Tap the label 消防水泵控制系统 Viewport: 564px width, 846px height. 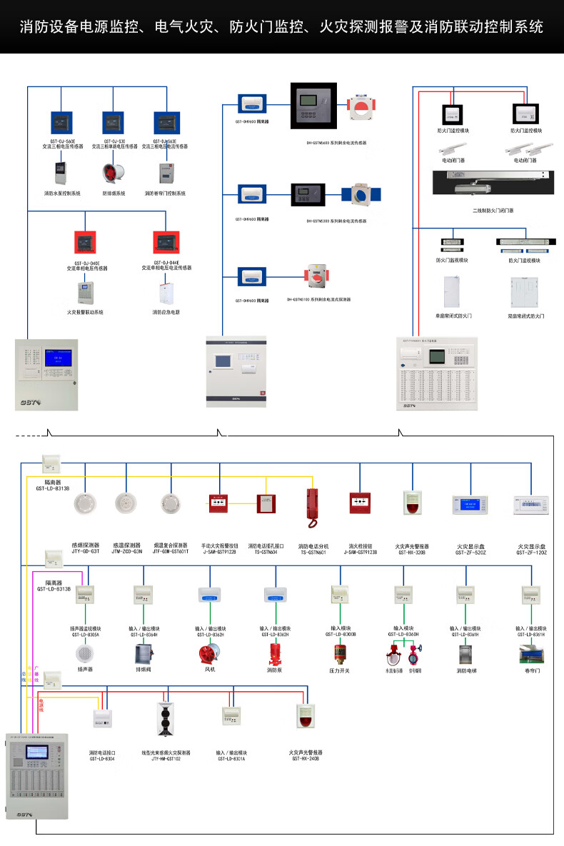[63, 193]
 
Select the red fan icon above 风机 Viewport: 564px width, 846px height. [209, 654]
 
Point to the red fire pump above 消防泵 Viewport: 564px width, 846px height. [273, 655]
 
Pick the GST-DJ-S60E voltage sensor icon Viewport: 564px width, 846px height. [62, 123]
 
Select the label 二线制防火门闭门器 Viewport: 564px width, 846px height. [493, 211]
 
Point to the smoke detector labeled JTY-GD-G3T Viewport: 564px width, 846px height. [86, 503]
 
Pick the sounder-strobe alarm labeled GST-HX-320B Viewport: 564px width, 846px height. [412, 503]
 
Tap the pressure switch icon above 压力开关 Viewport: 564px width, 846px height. [339, 654]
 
